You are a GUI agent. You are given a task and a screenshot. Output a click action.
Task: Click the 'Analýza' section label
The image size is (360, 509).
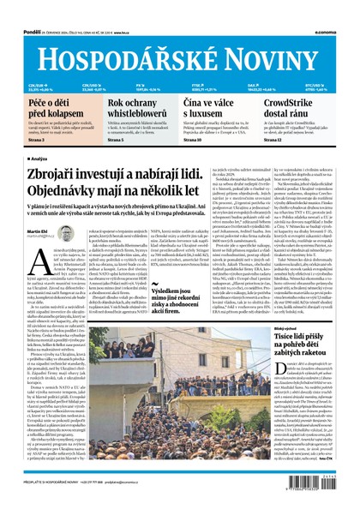(38, 158)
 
